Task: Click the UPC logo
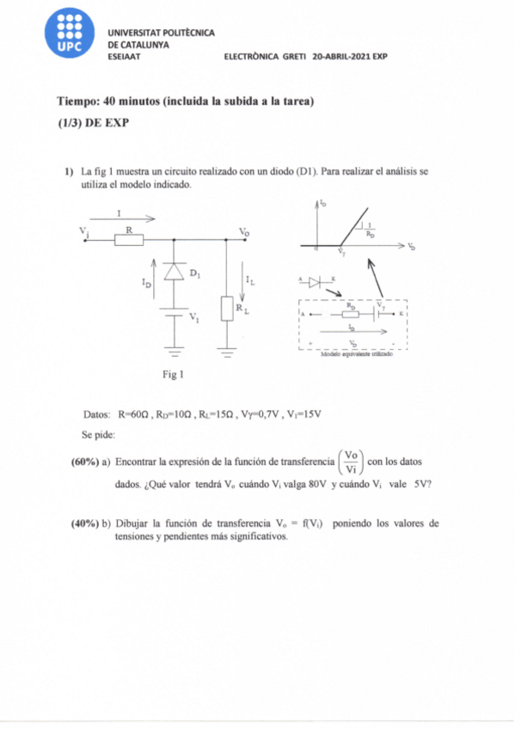pos(70,39)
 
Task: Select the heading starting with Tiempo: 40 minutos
pos(185,101)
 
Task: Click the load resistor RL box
pos(227,308)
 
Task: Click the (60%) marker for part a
pos(86,462)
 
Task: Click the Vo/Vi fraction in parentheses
pos(351,462)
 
